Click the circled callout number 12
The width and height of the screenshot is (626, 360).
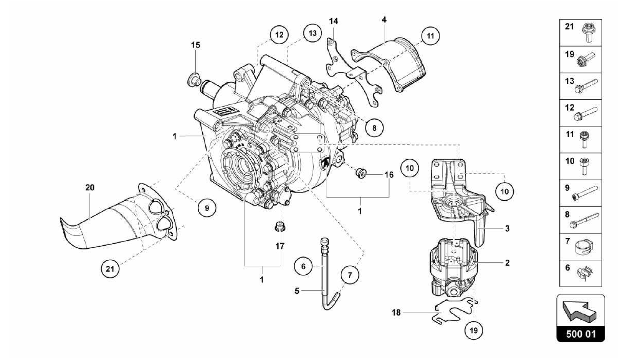click(x=279, y=35)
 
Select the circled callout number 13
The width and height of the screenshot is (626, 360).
click(x=312, y=33)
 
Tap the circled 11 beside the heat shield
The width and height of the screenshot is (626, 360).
click(x=430, y=36)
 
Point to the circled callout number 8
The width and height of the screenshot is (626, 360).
click(x=374, y=128)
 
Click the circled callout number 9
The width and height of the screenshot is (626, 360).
click(x=207, y=208)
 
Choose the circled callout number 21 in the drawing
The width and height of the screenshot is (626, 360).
click(x=110, y=269)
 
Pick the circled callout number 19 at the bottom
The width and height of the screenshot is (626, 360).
click(x=473, y=330)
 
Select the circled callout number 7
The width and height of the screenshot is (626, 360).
click(x=350, y=275)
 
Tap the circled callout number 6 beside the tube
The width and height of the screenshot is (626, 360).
click(x=303, y=266)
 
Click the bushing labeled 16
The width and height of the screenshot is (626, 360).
click(x=361, y=173)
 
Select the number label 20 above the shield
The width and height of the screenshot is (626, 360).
click(x=90, y=187)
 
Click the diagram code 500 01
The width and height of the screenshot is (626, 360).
click(x=580, y=334)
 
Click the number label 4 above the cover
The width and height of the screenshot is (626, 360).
click(x=384, y=20)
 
